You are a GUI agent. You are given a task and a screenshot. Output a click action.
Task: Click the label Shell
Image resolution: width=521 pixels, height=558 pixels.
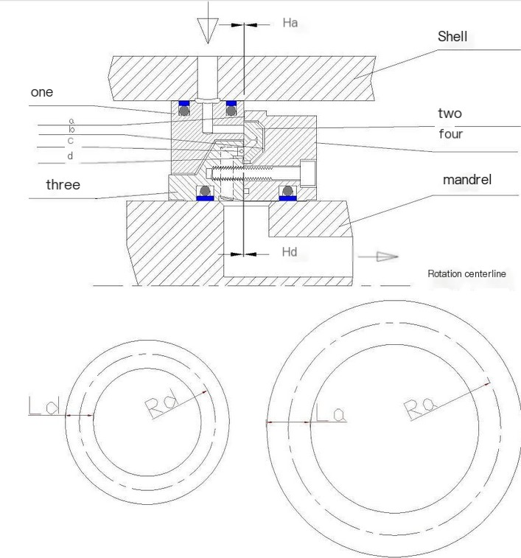(452, 36)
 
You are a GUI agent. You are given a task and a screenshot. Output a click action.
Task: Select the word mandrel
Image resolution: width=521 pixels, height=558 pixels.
(466, 180)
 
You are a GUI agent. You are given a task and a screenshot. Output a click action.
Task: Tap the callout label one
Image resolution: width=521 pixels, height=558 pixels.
(41, 92)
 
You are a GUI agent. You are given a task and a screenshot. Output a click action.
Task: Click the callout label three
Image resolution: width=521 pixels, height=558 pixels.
(63, 184)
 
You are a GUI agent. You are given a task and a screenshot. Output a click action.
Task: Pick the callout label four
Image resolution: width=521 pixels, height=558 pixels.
(450, 134)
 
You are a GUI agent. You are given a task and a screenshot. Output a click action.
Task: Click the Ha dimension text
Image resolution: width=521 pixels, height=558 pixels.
(290, 23)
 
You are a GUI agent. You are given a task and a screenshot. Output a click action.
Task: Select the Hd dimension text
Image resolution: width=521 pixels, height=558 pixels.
(290, 252)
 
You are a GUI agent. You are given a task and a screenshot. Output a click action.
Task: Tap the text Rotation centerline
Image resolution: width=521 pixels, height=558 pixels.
(466, 273)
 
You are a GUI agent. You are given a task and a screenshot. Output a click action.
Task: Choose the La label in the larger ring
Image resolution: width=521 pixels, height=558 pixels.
(330, 413)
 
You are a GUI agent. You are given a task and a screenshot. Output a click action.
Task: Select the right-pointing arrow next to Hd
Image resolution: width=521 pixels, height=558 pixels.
(385, 257)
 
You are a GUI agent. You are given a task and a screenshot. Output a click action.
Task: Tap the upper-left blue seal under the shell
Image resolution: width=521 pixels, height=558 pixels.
(181, 102)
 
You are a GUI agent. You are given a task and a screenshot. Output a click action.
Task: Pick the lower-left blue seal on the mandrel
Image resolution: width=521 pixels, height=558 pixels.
(204, 198)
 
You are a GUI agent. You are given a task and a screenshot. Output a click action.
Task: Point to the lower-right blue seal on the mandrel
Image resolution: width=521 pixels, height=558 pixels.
(287, 198)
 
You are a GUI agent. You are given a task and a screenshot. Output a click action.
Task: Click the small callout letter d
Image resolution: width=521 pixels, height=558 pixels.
(71, 156)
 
